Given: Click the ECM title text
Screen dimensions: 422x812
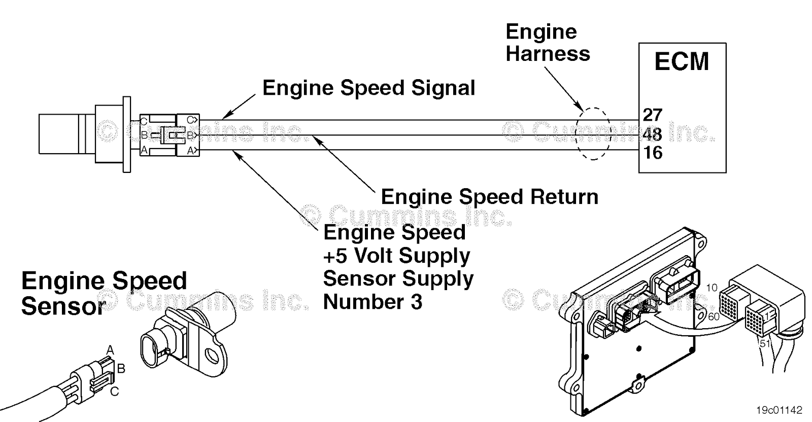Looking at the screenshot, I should [681, 61].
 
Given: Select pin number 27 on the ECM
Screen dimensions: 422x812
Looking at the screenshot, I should [652, 115].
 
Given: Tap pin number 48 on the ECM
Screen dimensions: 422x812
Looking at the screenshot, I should [652, 134].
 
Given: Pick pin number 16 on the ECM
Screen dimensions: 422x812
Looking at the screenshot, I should [653, 152].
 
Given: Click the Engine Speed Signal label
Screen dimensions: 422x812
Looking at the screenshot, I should [368, 88].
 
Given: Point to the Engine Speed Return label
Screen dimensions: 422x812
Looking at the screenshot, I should [489, 197].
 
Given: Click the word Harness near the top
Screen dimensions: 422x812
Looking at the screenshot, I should [548, 53].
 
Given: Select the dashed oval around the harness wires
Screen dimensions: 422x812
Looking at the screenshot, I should [592, 109].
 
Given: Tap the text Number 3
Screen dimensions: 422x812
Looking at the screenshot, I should [373, 302].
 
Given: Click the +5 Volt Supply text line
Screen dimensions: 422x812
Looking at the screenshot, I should [396, 255].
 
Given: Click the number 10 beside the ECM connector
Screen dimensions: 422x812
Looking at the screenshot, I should [712, 288].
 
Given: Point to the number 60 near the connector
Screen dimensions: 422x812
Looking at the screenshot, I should [714, 316].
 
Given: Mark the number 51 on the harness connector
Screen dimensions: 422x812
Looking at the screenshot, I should [765, 343].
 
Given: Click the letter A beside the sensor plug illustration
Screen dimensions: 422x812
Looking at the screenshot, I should [110, 350].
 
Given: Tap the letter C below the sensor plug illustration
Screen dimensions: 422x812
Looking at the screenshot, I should [115, 392].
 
